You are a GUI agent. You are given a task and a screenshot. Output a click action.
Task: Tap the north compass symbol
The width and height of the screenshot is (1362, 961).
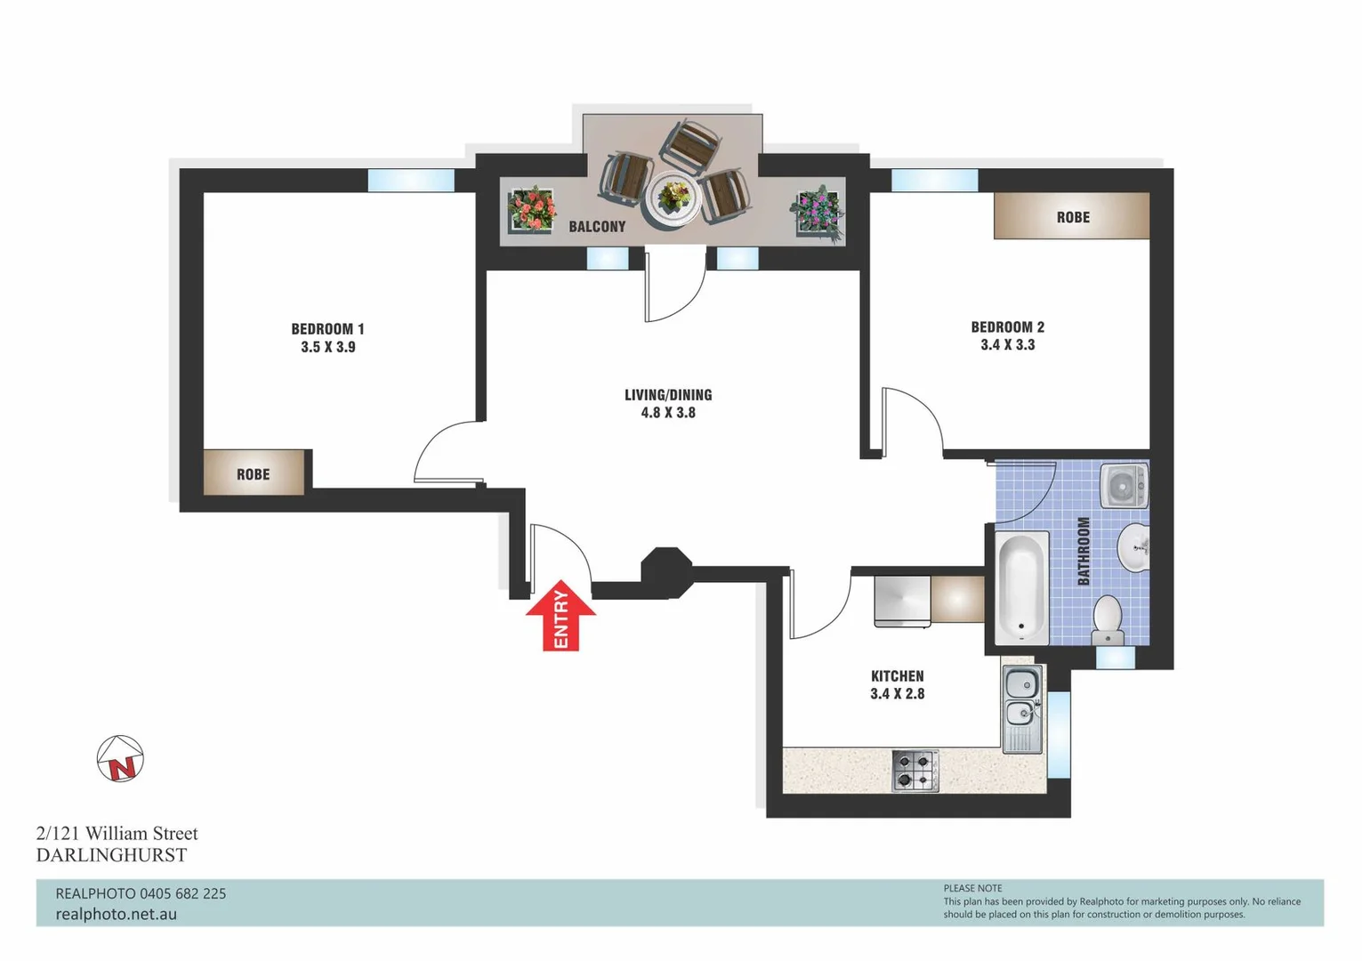[x=120, y=759]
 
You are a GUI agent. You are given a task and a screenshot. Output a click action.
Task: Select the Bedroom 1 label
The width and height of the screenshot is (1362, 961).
[x=327, y=328]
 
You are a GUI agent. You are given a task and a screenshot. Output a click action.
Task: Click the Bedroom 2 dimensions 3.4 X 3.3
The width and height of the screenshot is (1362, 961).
[x=1007, y=345]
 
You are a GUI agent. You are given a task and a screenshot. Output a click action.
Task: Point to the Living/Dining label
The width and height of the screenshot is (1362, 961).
[x=667, y=394]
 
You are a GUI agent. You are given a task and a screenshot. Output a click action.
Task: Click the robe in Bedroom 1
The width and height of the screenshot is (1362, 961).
[x=254, y=473]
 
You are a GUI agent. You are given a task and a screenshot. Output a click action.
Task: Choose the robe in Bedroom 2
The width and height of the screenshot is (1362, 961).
[x=1072, y=216]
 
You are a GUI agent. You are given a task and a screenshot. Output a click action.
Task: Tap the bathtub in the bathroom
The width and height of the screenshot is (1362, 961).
[x=1022, y=588]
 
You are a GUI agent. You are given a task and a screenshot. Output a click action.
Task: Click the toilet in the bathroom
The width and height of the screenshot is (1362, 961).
[x=1108, y=619]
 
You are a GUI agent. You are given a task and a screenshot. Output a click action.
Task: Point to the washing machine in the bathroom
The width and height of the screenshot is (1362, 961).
[x=1124, y=486]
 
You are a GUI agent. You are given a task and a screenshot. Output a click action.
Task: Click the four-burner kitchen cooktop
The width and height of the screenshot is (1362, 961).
[x=915, y=771]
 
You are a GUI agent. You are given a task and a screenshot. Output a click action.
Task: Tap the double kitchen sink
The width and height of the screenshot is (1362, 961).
[x=1022, y=699]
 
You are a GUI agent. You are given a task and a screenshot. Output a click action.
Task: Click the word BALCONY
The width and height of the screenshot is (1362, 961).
[x=597, y=227]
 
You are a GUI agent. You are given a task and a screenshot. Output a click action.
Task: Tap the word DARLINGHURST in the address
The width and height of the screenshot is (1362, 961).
[x=111, y=855]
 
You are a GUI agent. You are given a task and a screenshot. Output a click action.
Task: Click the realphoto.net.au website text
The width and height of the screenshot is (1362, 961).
[x=116, y=914]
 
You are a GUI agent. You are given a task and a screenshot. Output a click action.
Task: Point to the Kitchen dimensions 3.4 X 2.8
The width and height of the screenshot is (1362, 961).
[x=897, y=694]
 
